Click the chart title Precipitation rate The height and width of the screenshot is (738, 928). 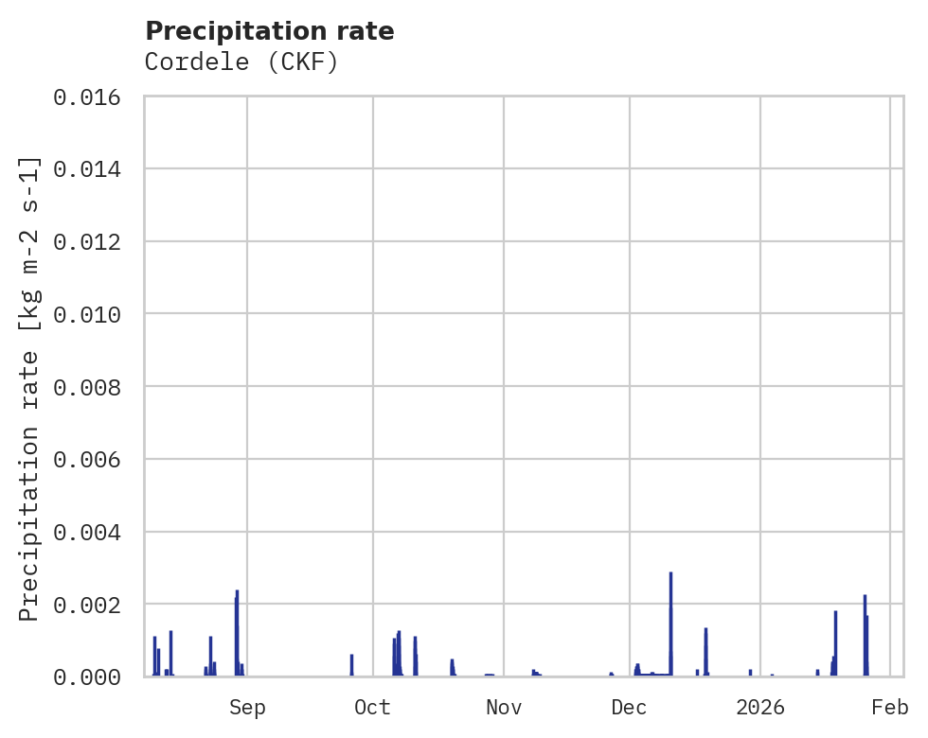click(270, 31)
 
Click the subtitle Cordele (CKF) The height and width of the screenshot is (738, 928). click(241, 62)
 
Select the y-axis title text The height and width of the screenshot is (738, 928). click(29, 388)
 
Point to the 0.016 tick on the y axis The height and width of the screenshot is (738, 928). click(93, 97)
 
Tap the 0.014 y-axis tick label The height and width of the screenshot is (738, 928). click(93, 169)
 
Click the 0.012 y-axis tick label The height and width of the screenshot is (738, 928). click(93, 242)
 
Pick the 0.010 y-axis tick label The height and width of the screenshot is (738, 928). click(93, 314)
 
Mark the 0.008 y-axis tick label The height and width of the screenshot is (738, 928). click(93, 387)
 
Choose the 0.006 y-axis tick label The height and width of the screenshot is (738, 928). click(93, 460)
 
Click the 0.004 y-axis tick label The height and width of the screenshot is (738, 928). click(93, 533)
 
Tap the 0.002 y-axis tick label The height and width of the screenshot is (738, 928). click(93, 605)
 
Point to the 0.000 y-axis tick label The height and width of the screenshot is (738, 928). click(93, 677)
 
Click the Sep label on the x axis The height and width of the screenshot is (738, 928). click(247, 707)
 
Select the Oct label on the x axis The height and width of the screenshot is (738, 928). click(372, 707)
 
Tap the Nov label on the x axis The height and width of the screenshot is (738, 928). click(503, 707)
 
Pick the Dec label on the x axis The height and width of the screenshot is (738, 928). click(629, 707)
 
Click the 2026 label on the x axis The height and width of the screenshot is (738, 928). click(760, 707)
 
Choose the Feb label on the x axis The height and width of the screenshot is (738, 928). click(890, 707)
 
